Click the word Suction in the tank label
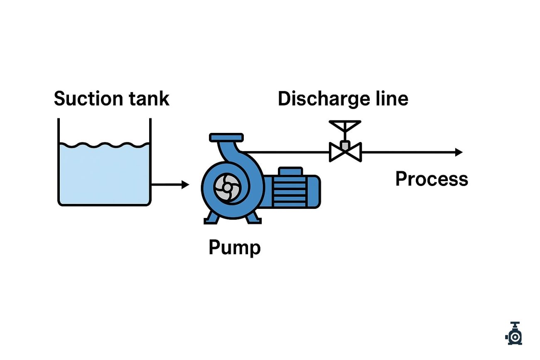coord(88,99)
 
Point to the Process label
coord(431,179)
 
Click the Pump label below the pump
coord(234,247)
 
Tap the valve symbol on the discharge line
coord(345,152)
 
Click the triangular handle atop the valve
coord(345,125)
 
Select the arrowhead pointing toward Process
coord(458,152)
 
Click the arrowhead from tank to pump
coord(185,185)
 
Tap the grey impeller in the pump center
coord(227,188)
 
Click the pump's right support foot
coord(253,218)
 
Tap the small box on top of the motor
coord(290,171)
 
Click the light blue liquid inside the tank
coord(104,174)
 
